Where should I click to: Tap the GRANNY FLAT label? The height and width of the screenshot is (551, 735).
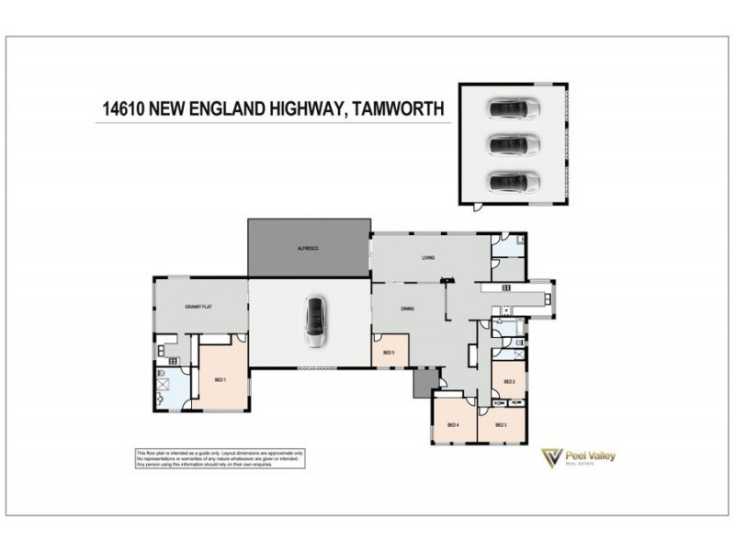198,307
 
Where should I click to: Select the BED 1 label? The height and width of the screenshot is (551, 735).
220,380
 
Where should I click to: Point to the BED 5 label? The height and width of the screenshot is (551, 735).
388,353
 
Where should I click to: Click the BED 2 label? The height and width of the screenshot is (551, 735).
509,381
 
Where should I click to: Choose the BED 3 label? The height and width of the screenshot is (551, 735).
501,425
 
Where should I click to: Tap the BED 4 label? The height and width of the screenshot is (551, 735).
452,425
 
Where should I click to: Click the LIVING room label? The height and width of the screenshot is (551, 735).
428,258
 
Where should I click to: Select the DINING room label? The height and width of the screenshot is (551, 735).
408,309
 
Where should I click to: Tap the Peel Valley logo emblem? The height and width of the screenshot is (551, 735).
551,458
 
